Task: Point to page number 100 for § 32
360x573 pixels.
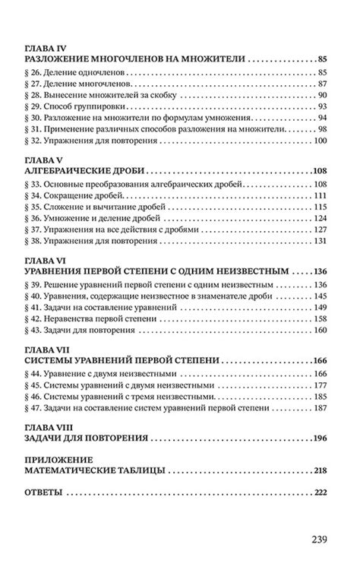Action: coord(319,141)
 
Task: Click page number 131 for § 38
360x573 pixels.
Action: coord(319,242)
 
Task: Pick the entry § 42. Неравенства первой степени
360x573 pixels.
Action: coord(93,321)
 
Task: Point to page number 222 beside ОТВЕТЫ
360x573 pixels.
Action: coord(319,493)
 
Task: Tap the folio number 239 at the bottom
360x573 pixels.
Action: coord(319,540)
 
